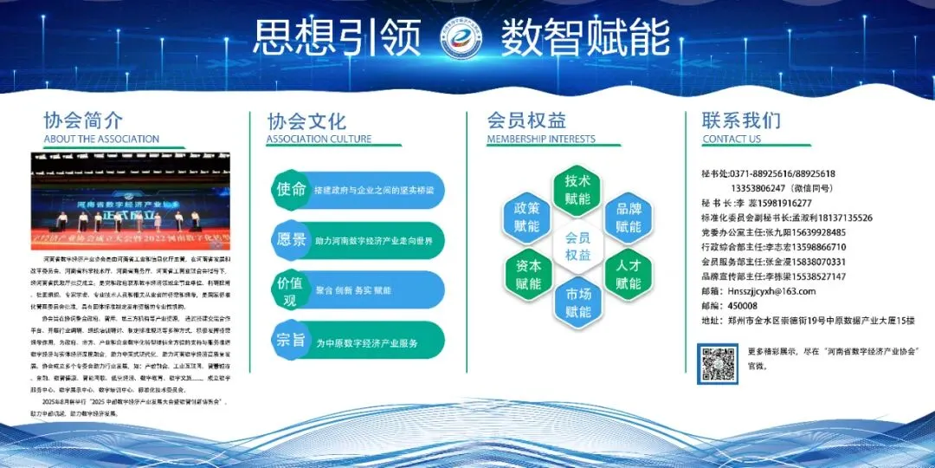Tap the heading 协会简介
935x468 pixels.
click(x=83, y=120)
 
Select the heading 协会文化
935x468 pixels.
click(x=306, y=120)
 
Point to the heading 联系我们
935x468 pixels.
click(x=741, y=120)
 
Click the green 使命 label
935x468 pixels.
click(x=290, y=190)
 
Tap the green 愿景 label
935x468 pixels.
click(x=290, y=239)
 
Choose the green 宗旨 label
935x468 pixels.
click(x=290, y=341)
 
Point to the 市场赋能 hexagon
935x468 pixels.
click(x=577, y=302)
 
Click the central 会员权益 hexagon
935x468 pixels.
click(x=577, y=246)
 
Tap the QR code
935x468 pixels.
click(x=719, y=363)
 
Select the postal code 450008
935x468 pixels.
click(x=743, y=306)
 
